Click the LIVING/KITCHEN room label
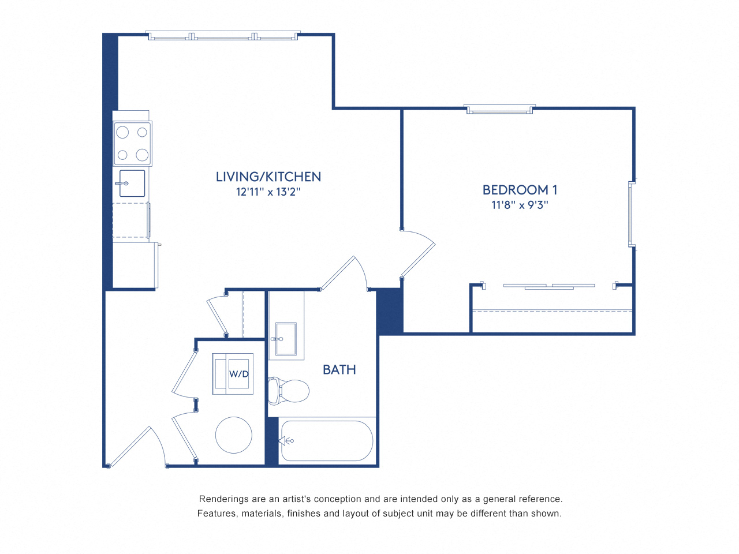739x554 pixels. pyautogui.click(x=268, y=177)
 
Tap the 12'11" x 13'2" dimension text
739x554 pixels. pyautogui.click(x=268, y=192)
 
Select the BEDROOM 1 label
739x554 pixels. pyautogui.click(x=520, y=190)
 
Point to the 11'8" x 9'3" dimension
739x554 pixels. pyautogui.click(x=520, y=205)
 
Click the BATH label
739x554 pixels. pyautogui.click(x=339, y=370)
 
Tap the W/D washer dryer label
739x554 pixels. pyautogui.click(x=238, y=374)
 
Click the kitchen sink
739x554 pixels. pyautogui.click(x=132, y=184)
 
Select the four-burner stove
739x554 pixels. pyautogui.click(x=132, y=143)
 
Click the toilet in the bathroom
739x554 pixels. pyautogui.click(x=290, y=391)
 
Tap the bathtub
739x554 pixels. pyautogui.click(x=327, y=441)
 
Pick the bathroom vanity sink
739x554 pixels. pyautogui.click(x=286, y=339)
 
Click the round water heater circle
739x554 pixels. pyautogui.click(x=234, y=435)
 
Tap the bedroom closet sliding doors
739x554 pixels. pyautogui.click(x=548, y=286)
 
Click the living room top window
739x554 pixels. pyautogui.click(x=222, y=36)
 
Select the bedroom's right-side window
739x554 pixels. pyautogui.click(x=632, y=215)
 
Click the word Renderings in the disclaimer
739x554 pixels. pyautogui.click(x=223, y=499)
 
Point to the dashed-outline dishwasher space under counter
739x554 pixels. pyautogui.click(x=130, y=220)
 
